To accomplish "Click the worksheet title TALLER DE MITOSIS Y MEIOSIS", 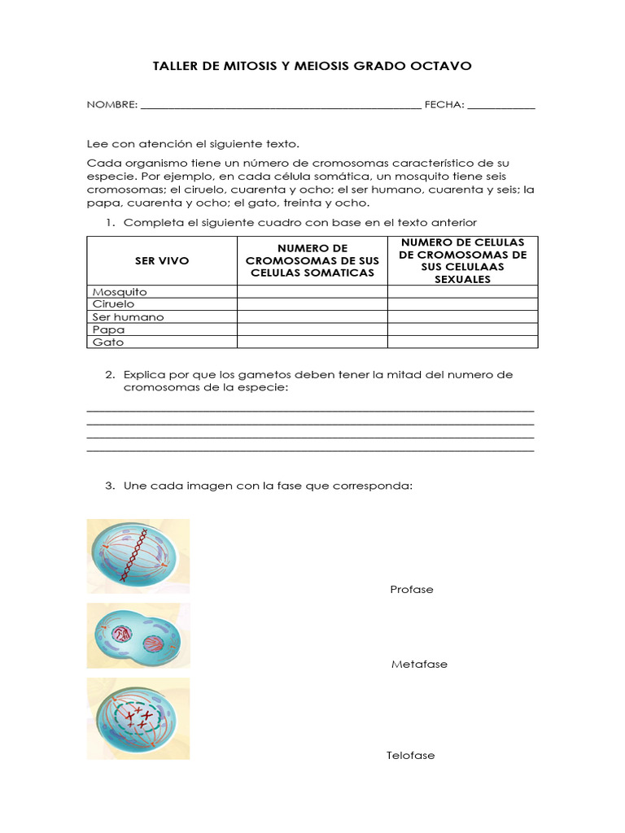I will tap(312, 65).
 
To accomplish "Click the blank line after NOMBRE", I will tap(281, 105).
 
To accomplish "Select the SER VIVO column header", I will tap(161, 260).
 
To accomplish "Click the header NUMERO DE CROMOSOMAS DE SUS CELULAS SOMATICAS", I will tap(312, 260).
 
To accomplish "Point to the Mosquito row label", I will tap(120, 291).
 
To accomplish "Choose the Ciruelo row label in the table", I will tap(114, 304).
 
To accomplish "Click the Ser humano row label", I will tap(128, 317).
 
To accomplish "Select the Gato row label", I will tap(108, 342).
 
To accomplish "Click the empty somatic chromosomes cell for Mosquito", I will tap(312, 291).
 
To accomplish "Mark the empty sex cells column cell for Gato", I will tap(462, 342).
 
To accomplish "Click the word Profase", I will tap(412, 589).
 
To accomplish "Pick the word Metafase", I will tap(419, 664).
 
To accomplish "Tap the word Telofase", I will tap(411, 755).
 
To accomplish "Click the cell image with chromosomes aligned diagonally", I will tap(138, 556).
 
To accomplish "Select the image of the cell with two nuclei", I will tap(138, 635).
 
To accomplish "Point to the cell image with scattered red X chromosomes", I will tap(138, 718).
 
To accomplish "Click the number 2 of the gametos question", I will tap(109, 374).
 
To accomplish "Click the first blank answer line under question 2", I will tap(310, 410).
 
